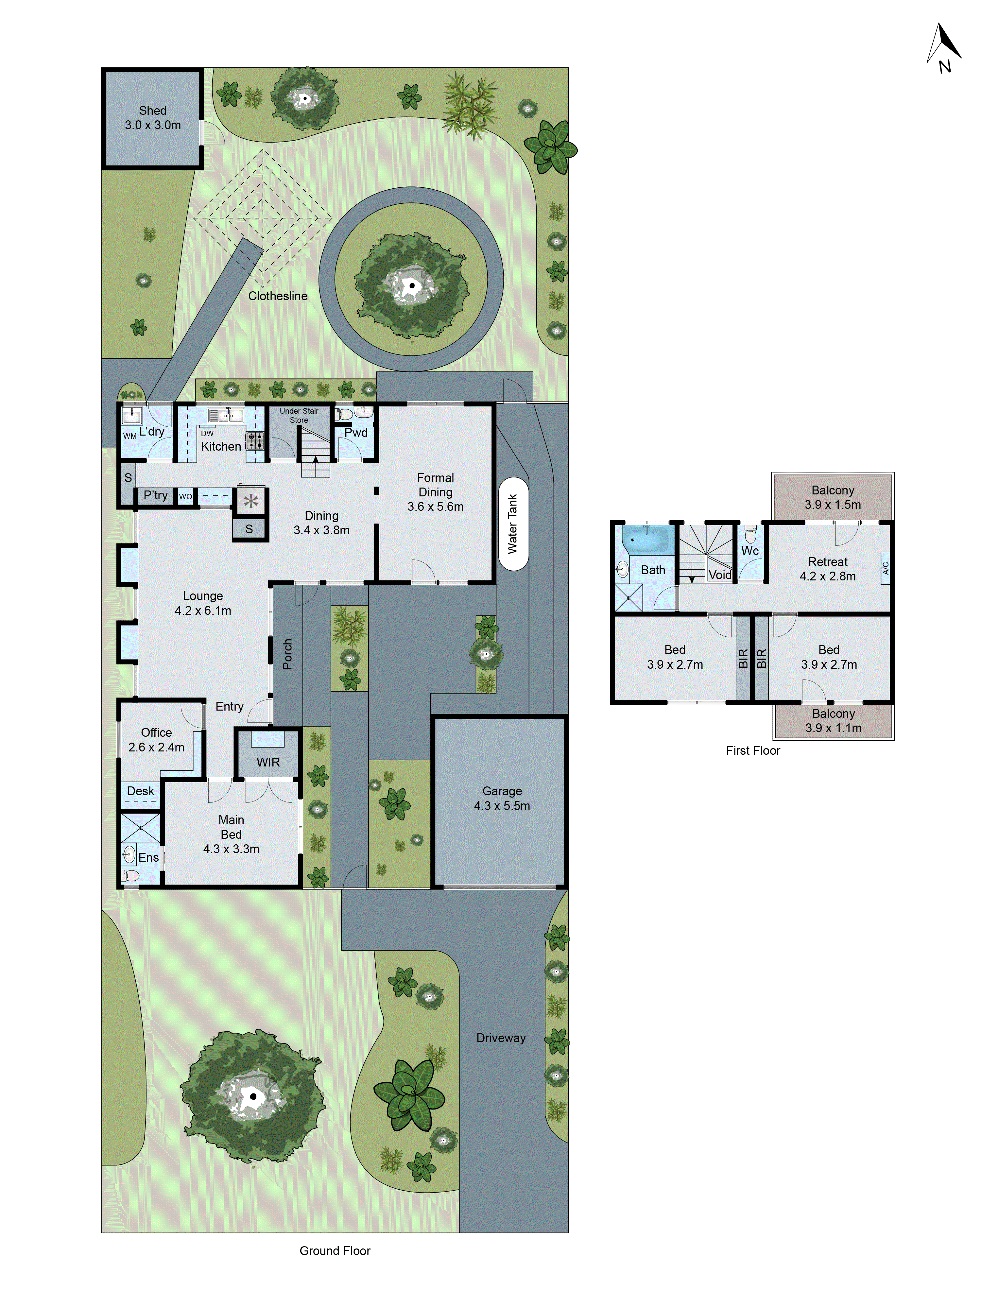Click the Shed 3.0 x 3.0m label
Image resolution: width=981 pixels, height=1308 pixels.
[153, 118]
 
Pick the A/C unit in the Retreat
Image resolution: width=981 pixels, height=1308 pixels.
[885, 568]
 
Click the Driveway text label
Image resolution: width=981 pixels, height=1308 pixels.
[501, 1038]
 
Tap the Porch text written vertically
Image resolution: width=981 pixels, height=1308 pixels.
[287, 654]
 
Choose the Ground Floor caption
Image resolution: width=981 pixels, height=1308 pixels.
[335, 1251]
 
